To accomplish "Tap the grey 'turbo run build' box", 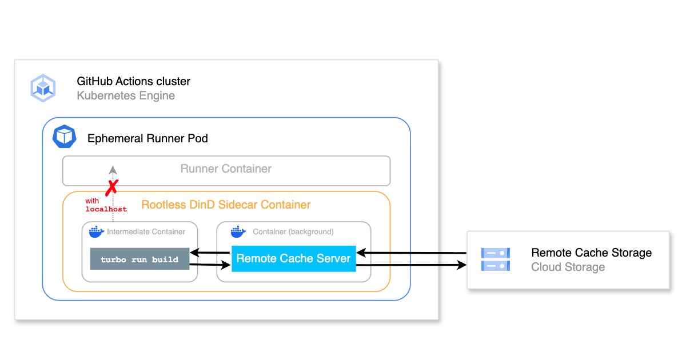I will click(139, 259).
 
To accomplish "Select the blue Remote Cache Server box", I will click(293, 258).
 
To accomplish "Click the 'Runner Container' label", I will click(226, 169).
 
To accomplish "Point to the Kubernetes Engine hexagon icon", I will click(42, 88).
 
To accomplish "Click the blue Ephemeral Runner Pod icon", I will click(63, 137).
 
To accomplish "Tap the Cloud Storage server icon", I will click(495, 259).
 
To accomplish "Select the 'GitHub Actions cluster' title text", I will click(133, 81).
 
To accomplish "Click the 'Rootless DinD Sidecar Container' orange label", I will click(226, 205).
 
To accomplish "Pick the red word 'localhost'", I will click(106, 210).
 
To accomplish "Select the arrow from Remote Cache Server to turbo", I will click(210, 252).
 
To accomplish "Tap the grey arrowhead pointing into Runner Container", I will click(113, 170).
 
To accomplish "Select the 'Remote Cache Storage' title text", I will click(591, 253).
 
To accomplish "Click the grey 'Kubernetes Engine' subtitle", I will click(126, 95).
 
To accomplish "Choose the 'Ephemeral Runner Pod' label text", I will click(147, 138).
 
